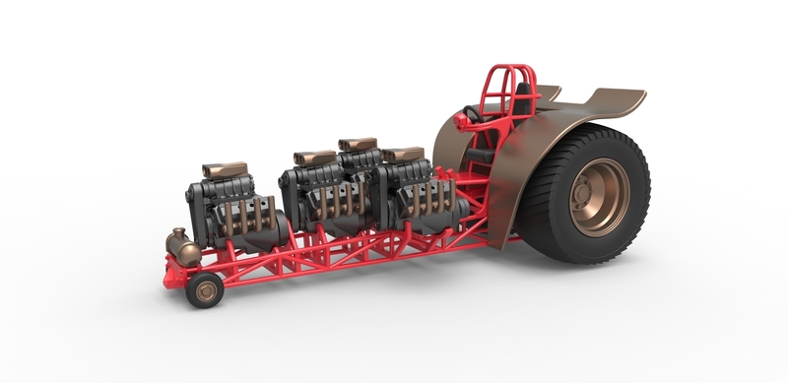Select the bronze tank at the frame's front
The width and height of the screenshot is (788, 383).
pos(182,248)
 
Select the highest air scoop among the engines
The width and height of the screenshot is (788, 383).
pos(358,145)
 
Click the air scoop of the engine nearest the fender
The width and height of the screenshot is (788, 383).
pos(403,155)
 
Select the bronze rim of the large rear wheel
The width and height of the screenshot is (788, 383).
pos(600,197)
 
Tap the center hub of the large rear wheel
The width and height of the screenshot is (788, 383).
pos(603,197)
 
